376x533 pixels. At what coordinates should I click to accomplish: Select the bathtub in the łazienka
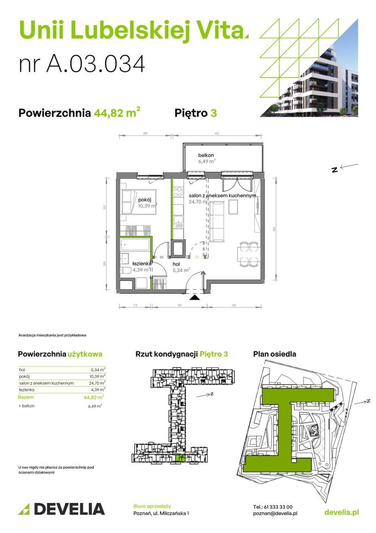coord(135,245)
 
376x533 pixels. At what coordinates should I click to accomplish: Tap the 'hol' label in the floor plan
coord(176,264)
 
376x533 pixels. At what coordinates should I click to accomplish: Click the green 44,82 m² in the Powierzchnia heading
coord(116,113)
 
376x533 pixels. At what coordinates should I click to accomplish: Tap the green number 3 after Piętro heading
coord(214,113)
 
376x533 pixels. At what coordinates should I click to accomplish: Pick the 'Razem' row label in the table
coord(26,397)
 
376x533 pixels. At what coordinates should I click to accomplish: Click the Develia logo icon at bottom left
coord(24,509)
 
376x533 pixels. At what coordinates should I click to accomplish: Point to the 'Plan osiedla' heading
coord(274,354)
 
